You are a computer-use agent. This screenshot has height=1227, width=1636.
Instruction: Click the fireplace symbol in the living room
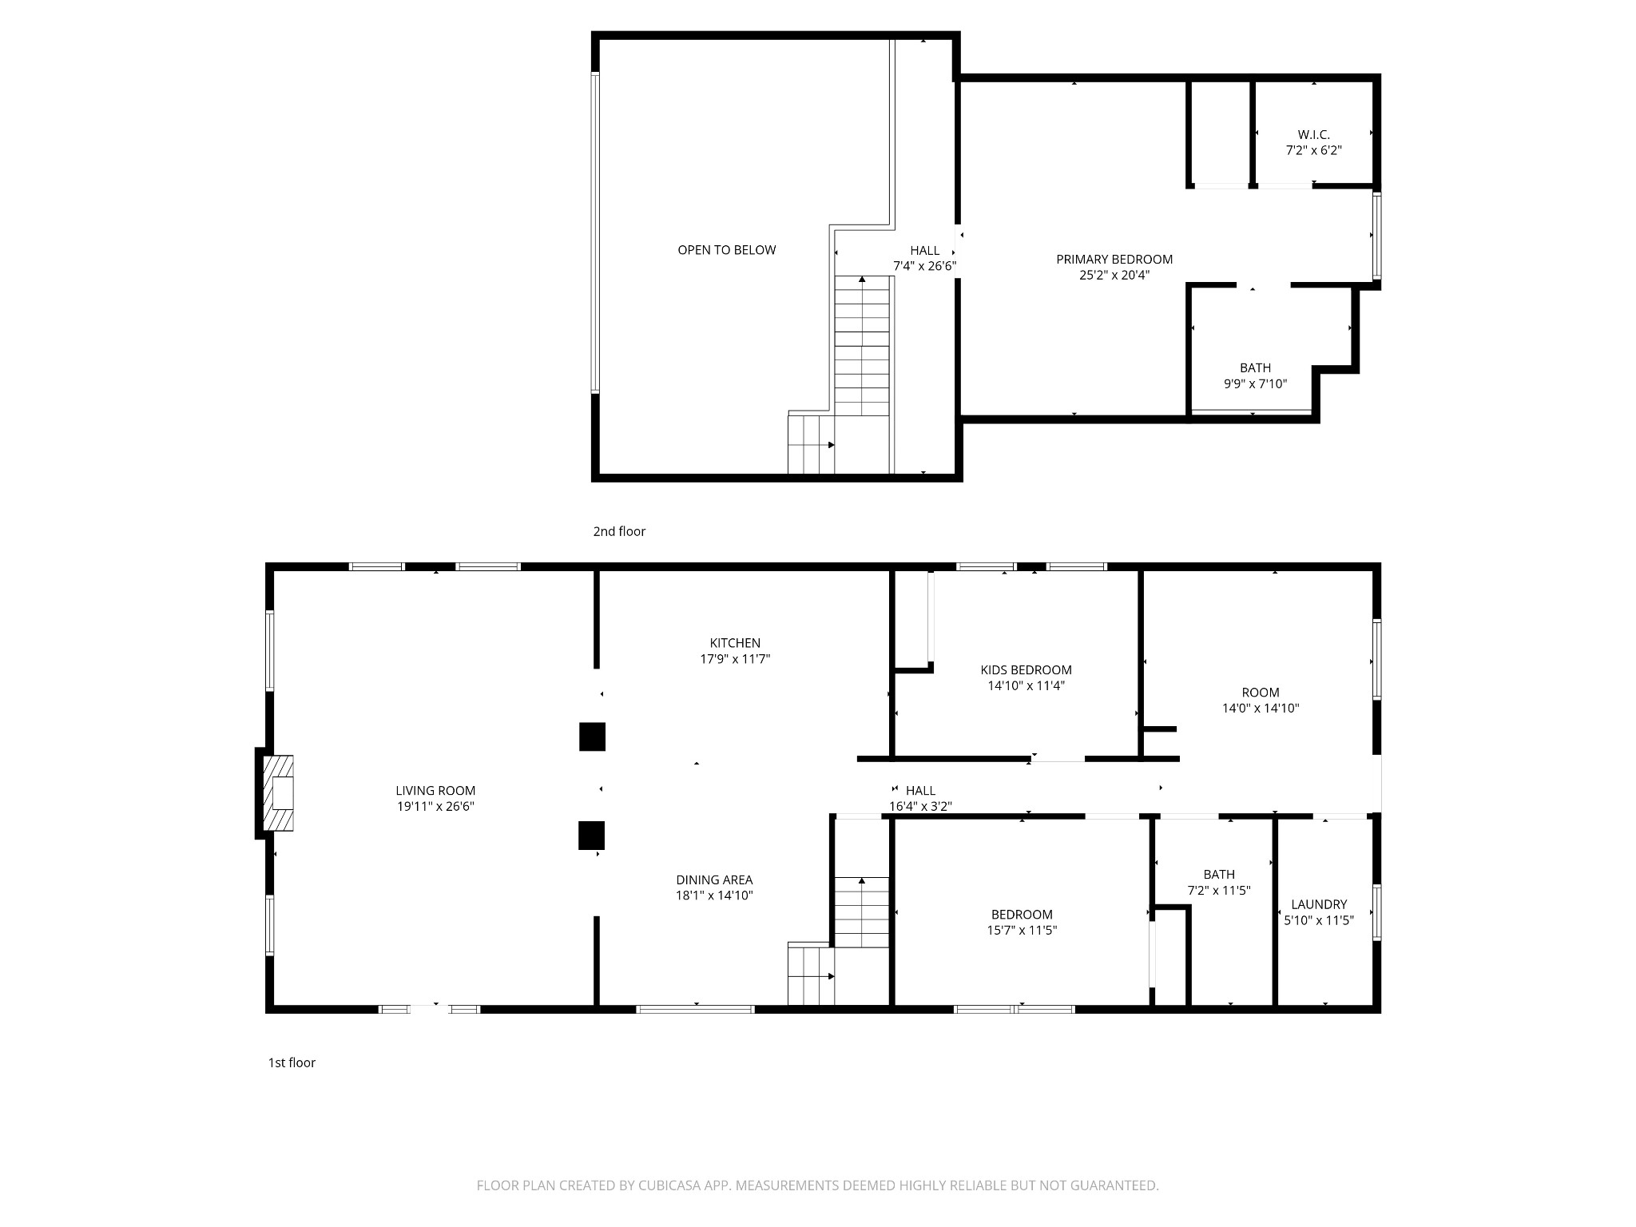pyautogui.click(x=279, y=794)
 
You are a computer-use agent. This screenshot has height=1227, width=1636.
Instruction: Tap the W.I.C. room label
pyautogui.click(x=1313, y=135)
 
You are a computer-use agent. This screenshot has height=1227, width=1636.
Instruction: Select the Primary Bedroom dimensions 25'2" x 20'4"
pyautogui.click(x=1114, y=276)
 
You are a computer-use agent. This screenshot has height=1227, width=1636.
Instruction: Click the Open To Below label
pyautogui.click(x=727, y=250)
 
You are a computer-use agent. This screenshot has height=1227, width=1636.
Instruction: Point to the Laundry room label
pyautogui.click(x=1319, y=904)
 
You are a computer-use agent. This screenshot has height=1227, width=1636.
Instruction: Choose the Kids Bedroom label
pyautogui.click(x=1026, y=670)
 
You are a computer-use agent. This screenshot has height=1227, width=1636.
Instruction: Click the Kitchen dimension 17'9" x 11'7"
pyautogui.click(x=735, y=659)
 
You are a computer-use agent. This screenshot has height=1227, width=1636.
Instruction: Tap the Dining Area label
pyautogui.click(x=714, y=880)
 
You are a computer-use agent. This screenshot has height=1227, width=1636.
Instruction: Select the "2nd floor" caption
pyautogui.click(x=619, y=531)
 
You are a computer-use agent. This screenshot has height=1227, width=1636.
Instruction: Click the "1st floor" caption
pyautogui.click(x=292, y=1062)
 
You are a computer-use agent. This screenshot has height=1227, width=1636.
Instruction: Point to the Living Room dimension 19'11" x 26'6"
pyautogui.click(x=436, y=807)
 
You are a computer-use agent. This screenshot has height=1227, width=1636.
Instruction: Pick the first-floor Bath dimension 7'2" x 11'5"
pyautogui.click(x=1219, y=891)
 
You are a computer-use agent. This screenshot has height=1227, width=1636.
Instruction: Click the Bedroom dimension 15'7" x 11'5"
pyautogui.click(x=1022, y=930)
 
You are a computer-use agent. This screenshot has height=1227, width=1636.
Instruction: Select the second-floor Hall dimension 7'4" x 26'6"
pyautogui.click(x=925, y=266)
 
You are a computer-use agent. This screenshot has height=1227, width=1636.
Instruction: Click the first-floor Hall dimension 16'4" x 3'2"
pyautogui.click(x=920, y=807)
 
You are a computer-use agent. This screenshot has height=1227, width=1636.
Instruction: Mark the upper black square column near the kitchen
pyautogui.click(x=592, y=737)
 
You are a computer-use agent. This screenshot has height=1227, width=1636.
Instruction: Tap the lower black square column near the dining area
pyautogui.click(x=591, y=836)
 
